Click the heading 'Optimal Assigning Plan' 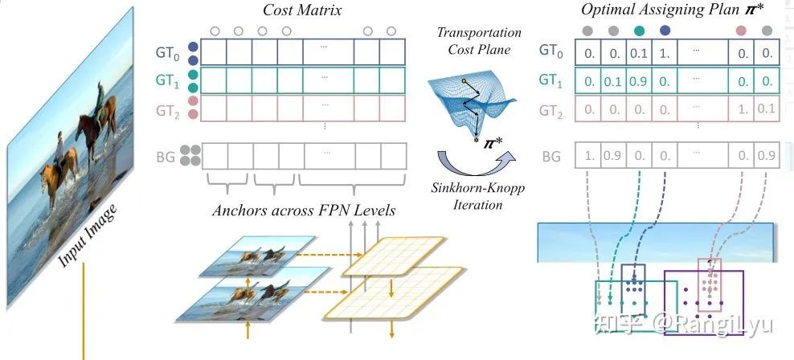(652, 10)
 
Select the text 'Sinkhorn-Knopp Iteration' (469, 196)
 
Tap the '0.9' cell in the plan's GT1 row (640, 80)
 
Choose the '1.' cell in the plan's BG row (589, 156)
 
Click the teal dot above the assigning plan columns (640, 31)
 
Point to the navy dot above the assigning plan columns (665, 31)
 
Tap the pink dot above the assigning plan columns (740, 31)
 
